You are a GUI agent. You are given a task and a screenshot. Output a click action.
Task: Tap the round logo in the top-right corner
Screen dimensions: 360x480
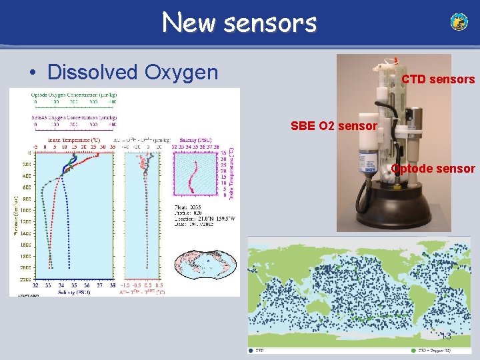(459, 22)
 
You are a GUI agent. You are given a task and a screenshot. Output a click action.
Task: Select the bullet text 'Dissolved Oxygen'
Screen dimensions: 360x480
(133, 71)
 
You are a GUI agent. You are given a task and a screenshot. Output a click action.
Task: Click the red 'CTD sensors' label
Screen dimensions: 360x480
(437, 79)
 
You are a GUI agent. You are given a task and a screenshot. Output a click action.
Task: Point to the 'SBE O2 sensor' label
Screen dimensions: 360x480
(334, 125)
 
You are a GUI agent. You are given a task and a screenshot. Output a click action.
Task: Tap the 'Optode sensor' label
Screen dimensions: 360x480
(433, 169)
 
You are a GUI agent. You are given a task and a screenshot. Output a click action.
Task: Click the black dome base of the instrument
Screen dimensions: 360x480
(393, 207)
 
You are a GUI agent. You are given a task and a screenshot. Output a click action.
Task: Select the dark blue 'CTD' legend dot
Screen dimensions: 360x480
(251, 349)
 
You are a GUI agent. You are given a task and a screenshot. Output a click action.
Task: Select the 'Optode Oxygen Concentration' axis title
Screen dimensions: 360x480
(73, 95)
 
